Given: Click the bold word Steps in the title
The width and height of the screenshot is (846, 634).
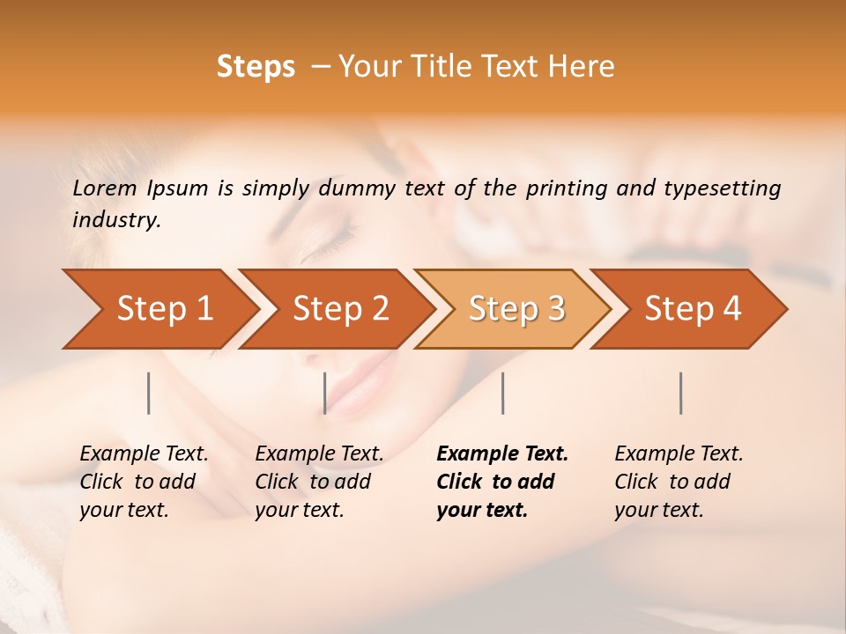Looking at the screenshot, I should (256, 67).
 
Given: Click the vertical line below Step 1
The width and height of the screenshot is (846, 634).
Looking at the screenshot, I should (149, 393).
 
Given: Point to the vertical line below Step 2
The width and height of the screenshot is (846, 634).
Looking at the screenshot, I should (325, 393).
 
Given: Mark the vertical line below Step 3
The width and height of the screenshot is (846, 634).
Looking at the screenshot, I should (503, 393).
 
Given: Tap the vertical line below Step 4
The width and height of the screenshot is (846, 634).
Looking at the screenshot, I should (681, 393).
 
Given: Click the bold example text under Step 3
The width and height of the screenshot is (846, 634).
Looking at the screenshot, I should (501, 482).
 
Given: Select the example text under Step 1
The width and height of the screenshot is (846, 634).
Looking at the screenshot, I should (144, 482).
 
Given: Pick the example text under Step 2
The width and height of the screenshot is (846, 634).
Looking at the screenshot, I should (319, 482).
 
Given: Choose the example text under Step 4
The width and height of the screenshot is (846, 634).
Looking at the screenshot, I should (679, 482).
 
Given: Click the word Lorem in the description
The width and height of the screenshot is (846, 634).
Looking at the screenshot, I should (104, 188).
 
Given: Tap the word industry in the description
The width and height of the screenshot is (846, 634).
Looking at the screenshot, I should (115, 220).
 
